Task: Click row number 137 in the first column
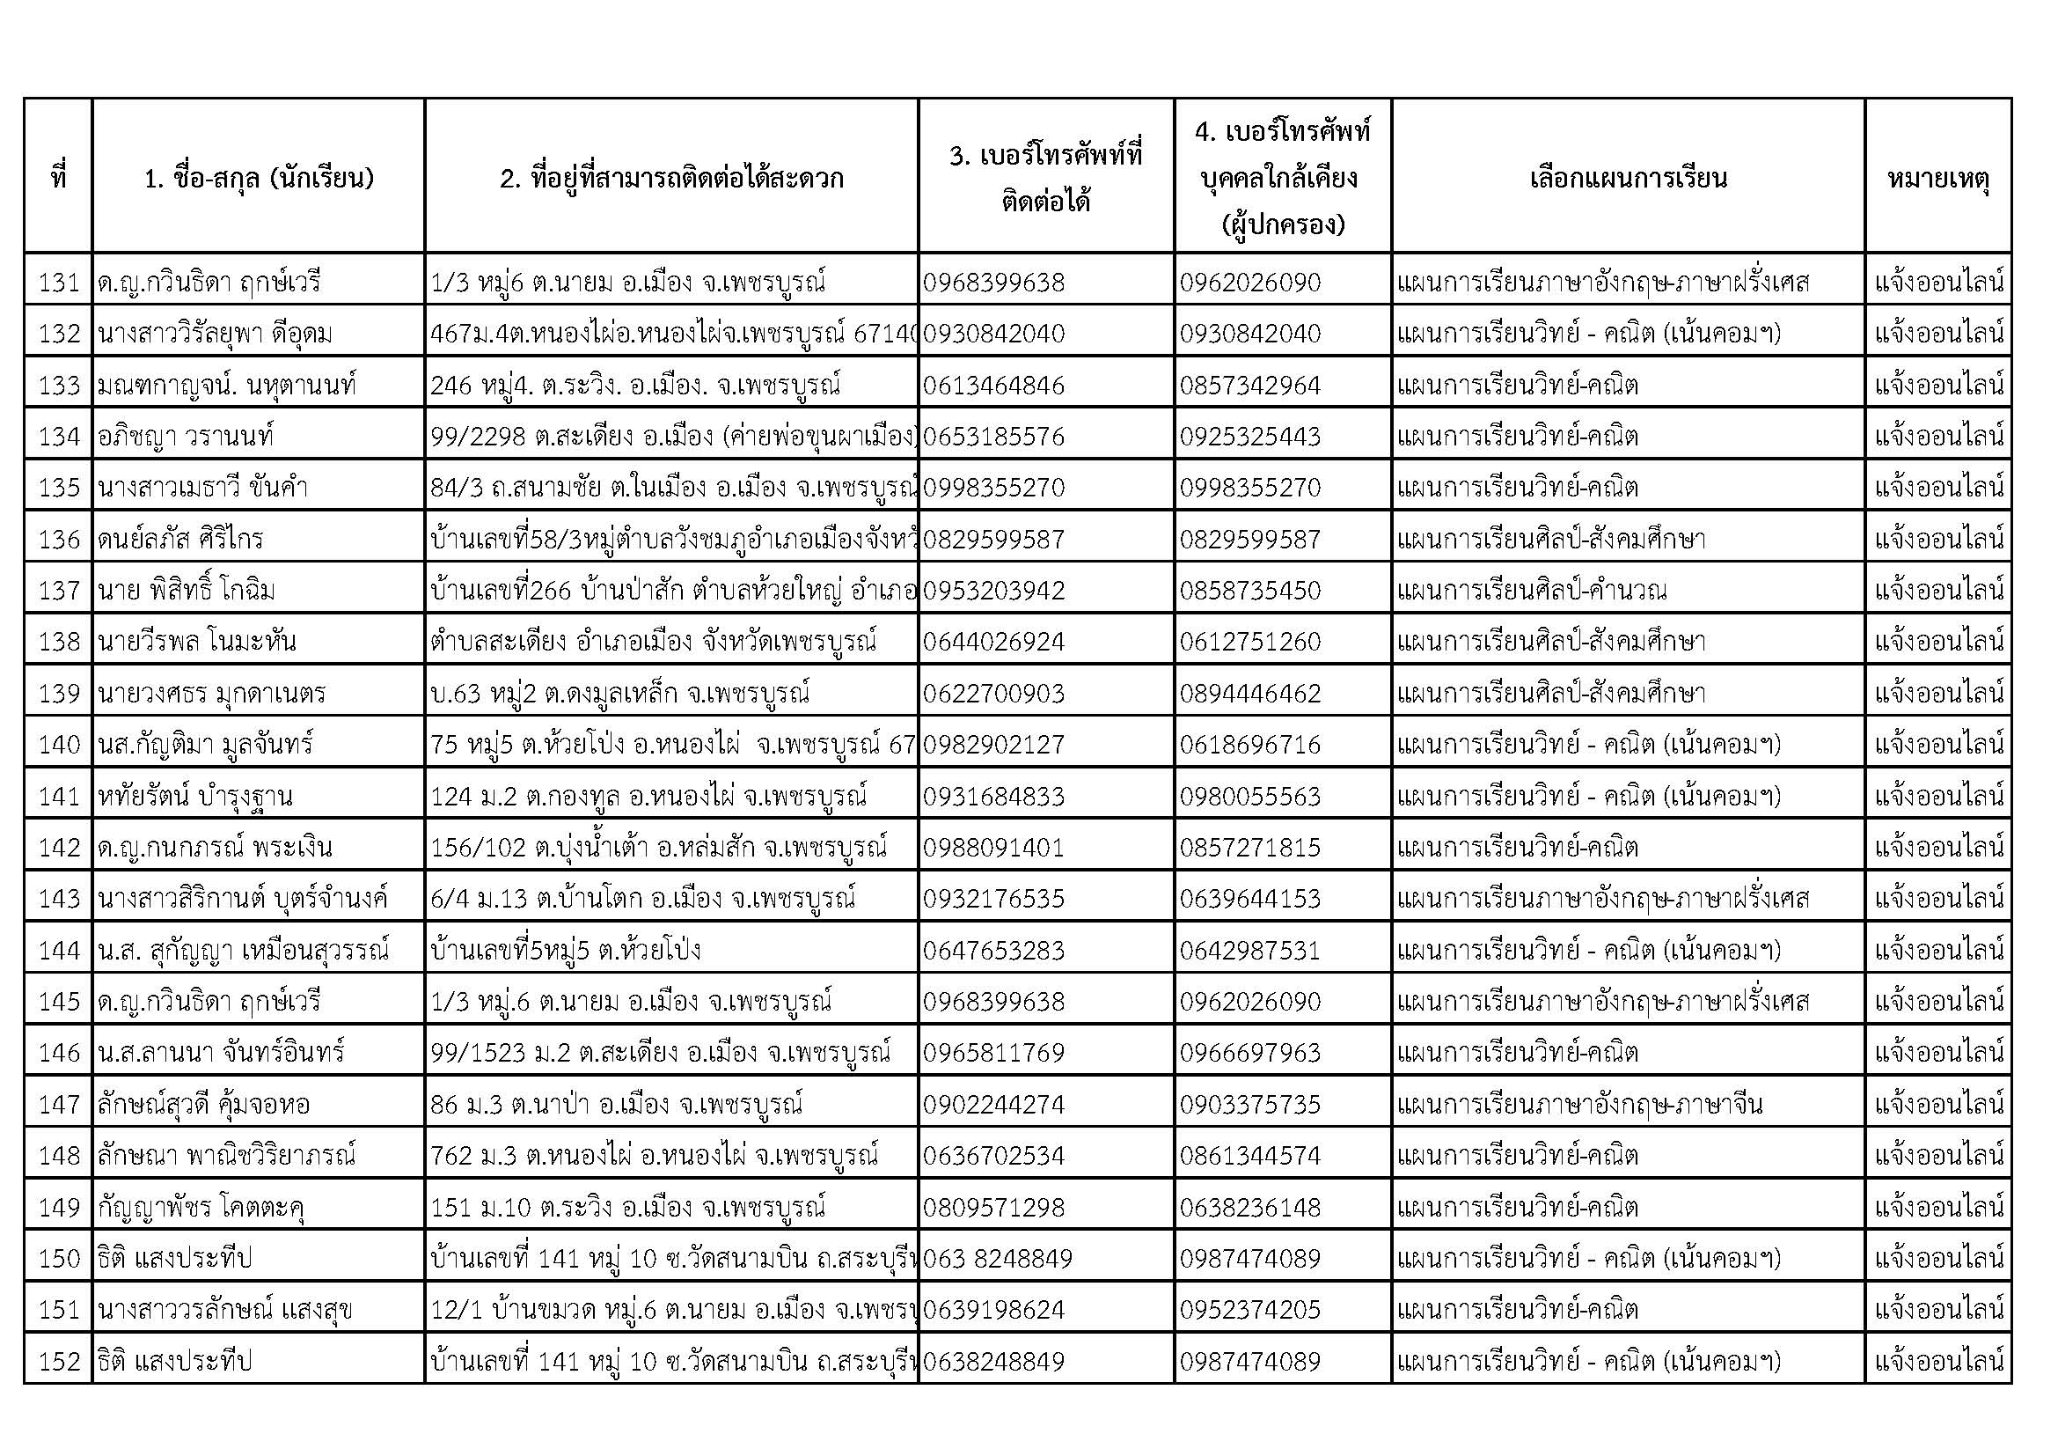pyautogui.click(x=59, y=590)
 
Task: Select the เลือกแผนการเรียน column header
pyautogui.click(x=1628, y=178)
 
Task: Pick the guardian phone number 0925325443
pyautogui.click(x=1249, y=437)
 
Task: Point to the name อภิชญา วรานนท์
pyautogui.click(x=186, y=437)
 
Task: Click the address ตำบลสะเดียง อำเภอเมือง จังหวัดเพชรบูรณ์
pyautogui.click(x=653, y=641)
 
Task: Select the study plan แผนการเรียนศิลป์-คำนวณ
pyautogui.click(x=1532, y=590)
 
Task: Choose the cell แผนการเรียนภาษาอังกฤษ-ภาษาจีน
pyautogui.click(x=1579, y=1104)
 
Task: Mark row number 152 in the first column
pyautogui.click(x=59, y=1361)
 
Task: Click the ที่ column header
pyautogui.click(x=59, y=178)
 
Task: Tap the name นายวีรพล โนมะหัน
pyautogui.click(x=197, y=641)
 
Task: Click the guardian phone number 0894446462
pyautogui.click(x=1249, y=693)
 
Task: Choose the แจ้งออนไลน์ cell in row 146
pyautogui.click(x=1937, y=1052)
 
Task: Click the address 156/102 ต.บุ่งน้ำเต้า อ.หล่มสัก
pyautogui.click(x=658, y=847)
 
